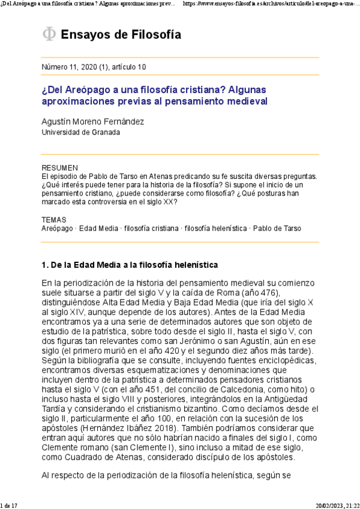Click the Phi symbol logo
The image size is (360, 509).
pyautogui.click(x=49, y=35)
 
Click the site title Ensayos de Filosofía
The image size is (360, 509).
pyautogui.click(x=121, y=35)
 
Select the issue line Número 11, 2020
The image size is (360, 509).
pyautogui.click(x=93, y=67)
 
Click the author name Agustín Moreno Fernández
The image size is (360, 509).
pyautogui.click(x=92, y=121)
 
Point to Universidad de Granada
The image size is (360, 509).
pyautogui.click(x=80, y=132)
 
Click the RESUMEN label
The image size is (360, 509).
pyautogui.click(x=60, y=167)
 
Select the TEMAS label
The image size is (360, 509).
pyautogui.click(x=54, y=220)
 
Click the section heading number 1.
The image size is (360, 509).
pyautogui.click(x=44, y=265)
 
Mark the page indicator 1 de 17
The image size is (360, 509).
pyautogui.click(x=11, y=505)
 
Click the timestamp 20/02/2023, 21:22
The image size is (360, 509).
pyautogui.click(x=337, y=505)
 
